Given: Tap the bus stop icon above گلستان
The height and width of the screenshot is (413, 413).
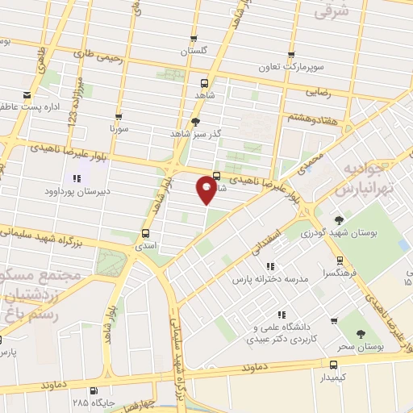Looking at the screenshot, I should pyautogui.click(x=194, y=38).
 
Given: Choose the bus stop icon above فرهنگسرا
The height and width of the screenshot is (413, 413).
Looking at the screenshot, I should pyautogui.click(x=339, y=261).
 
